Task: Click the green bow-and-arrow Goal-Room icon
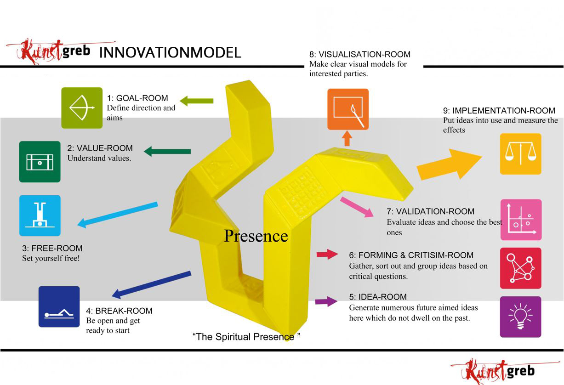coord(82,108)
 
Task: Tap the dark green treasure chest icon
coord(40,162)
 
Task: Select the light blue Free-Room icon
coord(40,215)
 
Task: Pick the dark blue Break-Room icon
coord(59,306)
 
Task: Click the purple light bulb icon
coord(520,317)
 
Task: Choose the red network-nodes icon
coord(520,268)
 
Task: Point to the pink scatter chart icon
coord(521,220)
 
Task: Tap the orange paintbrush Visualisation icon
coord(348,109)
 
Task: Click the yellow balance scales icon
coord(520,154)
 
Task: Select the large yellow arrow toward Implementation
coord(448,164)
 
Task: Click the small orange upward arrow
coord(348,138)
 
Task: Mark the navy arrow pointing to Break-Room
coord(152,285)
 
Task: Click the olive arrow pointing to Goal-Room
coord(196,100)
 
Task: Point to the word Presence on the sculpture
coord(256,236)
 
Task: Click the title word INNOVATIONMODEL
coord(170,52)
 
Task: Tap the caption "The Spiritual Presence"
coord(246,337)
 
